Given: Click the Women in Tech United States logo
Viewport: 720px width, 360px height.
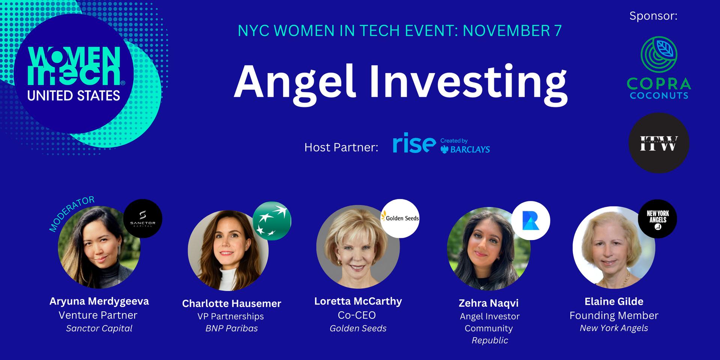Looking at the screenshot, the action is (73, 73).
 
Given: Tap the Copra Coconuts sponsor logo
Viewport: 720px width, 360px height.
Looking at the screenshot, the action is (659, 68).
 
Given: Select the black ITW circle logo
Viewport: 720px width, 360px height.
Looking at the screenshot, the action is (659, 143).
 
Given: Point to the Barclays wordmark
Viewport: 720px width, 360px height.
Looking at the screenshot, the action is (465, 149).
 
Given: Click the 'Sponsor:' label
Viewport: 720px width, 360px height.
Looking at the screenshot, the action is (653, 16).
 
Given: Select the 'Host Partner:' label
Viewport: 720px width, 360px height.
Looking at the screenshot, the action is (341, 147).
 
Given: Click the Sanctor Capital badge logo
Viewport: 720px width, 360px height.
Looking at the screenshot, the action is (142, 219).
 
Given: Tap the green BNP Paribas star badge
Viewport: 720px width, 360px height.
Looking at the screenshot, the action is (272, 220).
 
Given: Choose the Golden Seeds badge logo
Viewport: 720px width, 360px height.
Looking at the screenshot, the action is (400, 218).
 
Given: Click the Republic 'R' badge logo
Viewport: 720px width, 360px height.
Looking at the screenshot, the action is (531, 220).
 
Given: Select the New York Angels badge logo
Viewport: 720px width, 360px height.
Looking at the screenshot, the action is (657, 219).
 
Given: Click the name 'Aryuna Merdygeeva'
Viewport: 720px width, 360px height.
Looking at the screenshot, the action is (99, 301).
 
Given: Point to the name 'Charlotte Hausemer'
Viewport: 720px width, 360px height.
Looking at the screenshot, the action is (232, 303).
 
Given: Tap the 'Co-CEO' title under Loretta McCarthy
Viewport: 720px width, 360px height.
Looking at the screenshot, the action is (357, 315).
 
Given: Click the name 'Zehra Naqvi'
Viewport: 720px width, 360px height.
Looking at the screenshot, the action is (489, 303).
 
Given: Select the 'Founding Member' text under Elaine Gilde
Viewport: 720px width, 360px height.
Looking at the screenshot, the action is (614, 315).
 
